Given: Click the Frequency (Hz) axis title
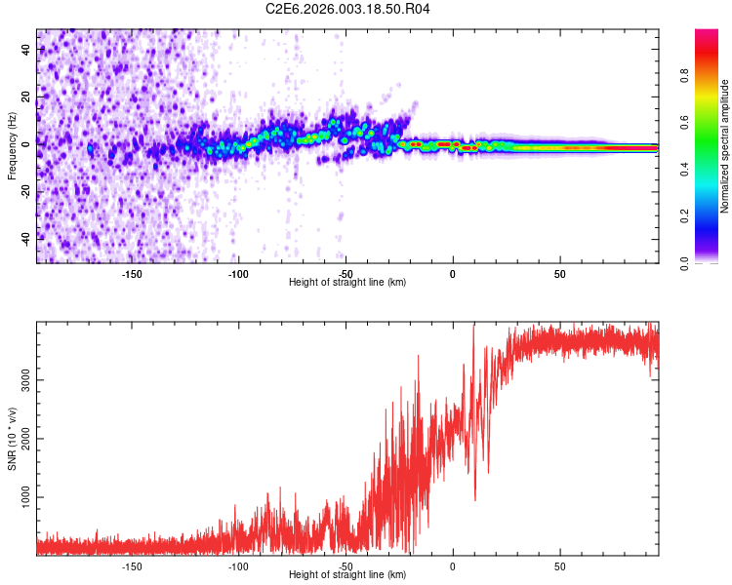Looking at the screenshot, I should click(12, 146).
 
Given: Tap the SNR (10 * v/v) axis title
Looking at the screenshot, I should click(12, 439).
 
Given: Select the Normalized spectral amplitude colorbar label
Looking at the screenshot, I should click(725, 146).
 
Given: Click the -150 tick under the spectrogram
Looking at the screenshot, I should click(132, 273).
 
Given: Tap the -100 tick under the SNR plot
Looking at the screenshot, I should click(238, 565).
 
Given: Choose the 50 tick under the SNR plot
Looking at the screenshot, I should click(559, 565).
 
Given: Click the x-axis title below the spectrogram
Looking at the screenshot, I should click(347, 283).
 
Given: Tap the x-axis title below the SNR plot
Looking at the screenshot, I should click(347, 575).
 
